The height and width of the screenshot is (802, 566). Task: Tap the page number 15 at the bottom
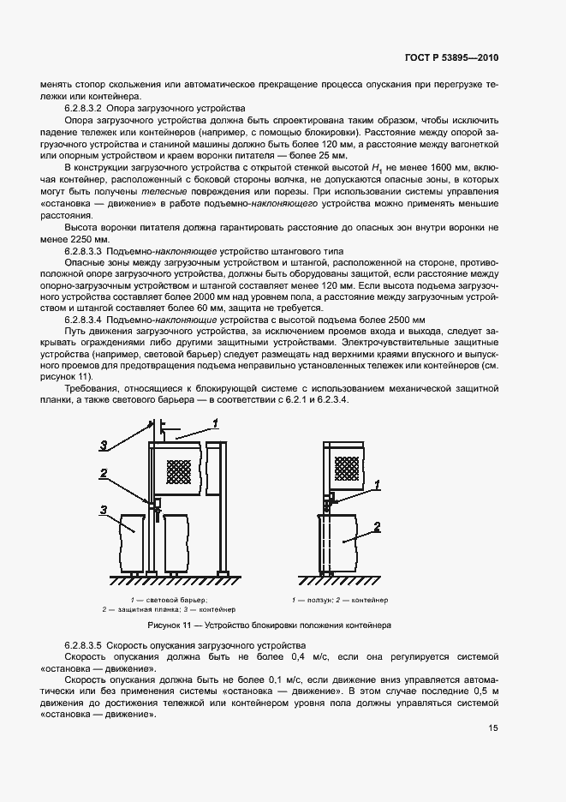[493, 728]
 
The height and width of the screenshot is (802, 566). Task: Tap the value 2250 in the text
[79, 239]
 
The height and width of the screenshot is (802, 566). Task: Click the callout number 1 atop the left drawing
[216, 422]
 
